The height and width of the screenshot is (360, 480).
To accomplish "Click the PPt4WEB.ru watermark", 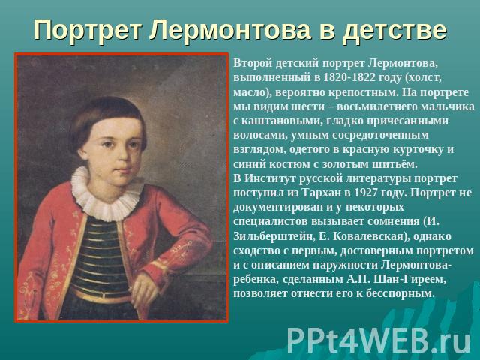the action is click(379, 340).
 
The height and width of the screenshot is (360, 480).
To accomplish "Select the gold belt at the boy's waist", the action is click(101, 295).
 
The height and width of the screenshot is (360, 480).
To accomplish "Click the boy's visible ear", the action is click(82, 150).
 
